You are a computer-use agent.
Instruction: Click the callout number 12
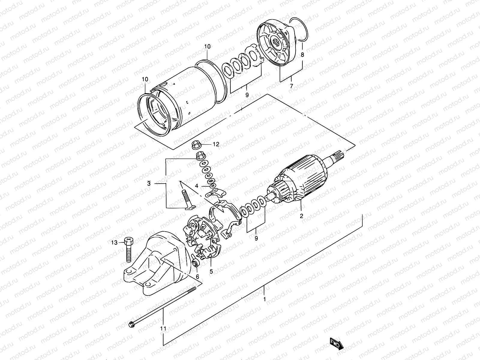pyautogui.click(x=216, y=144)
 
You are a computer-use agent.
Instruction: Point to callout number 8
pyautogui.click(x=302, y=55)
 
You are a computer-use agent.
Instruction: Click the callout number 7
pyautogui.click(x=291, y=86)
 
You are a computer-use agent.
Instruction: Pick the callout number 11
pyautogui.click(x=163, y=329)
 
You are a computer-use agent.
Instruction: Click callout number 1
pyautogui.click(x=264, y=299)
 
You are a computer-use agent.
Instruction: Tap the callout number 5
pyautogui.click(x=211, y=271)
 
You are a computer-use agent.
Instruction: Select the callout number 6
pyautogui.click(x=197, y=276)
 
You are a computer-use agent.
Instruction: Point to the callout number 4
pyautogui.click(x=196, y=186)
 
